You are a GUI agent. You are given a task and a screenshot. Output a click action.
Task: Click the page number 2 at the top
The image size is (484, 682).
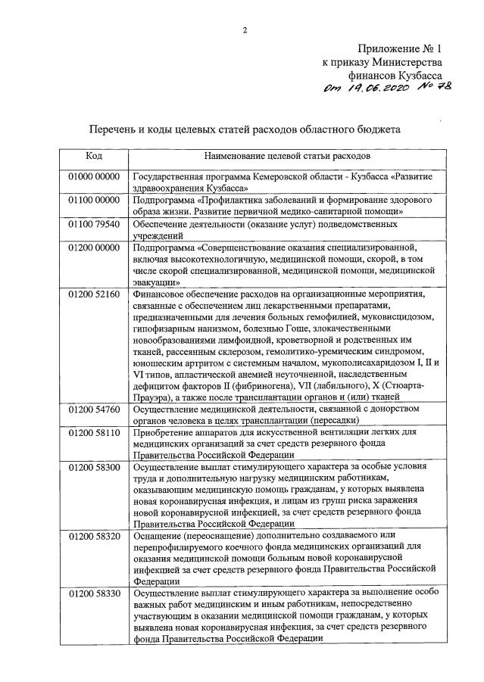click(x=245, y=31)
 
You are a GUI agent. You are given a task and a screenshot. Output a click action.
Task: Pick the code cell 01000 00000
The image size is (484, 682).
click(x=94, y=176)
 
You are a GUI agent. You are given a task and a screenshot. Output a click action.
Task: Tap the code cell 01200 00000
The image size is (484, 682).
click(x=94, y=248)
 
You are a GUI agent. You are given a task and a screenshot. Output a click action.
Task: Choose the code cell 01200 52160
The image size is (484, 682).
click(x=94, y=294)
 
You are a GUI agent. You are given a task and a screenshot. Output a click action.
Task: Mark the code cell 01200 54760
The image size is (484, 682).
click(x=94, y=410)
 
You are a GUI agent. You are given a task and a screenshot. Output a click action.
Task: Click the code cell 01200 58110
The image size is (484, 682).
click(x=94, y=434)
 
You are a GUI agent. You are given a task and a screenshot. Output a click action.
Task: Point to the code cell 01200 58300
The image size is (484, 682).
click(x=94, y=468)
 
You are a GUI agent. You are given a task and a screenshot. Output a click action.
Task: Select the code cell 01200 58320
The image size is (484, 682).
click(x=94, y=536)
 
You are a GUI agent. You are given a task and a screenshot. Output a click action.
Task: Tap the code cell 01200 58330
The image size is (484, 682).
click(x=94, y=593)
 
